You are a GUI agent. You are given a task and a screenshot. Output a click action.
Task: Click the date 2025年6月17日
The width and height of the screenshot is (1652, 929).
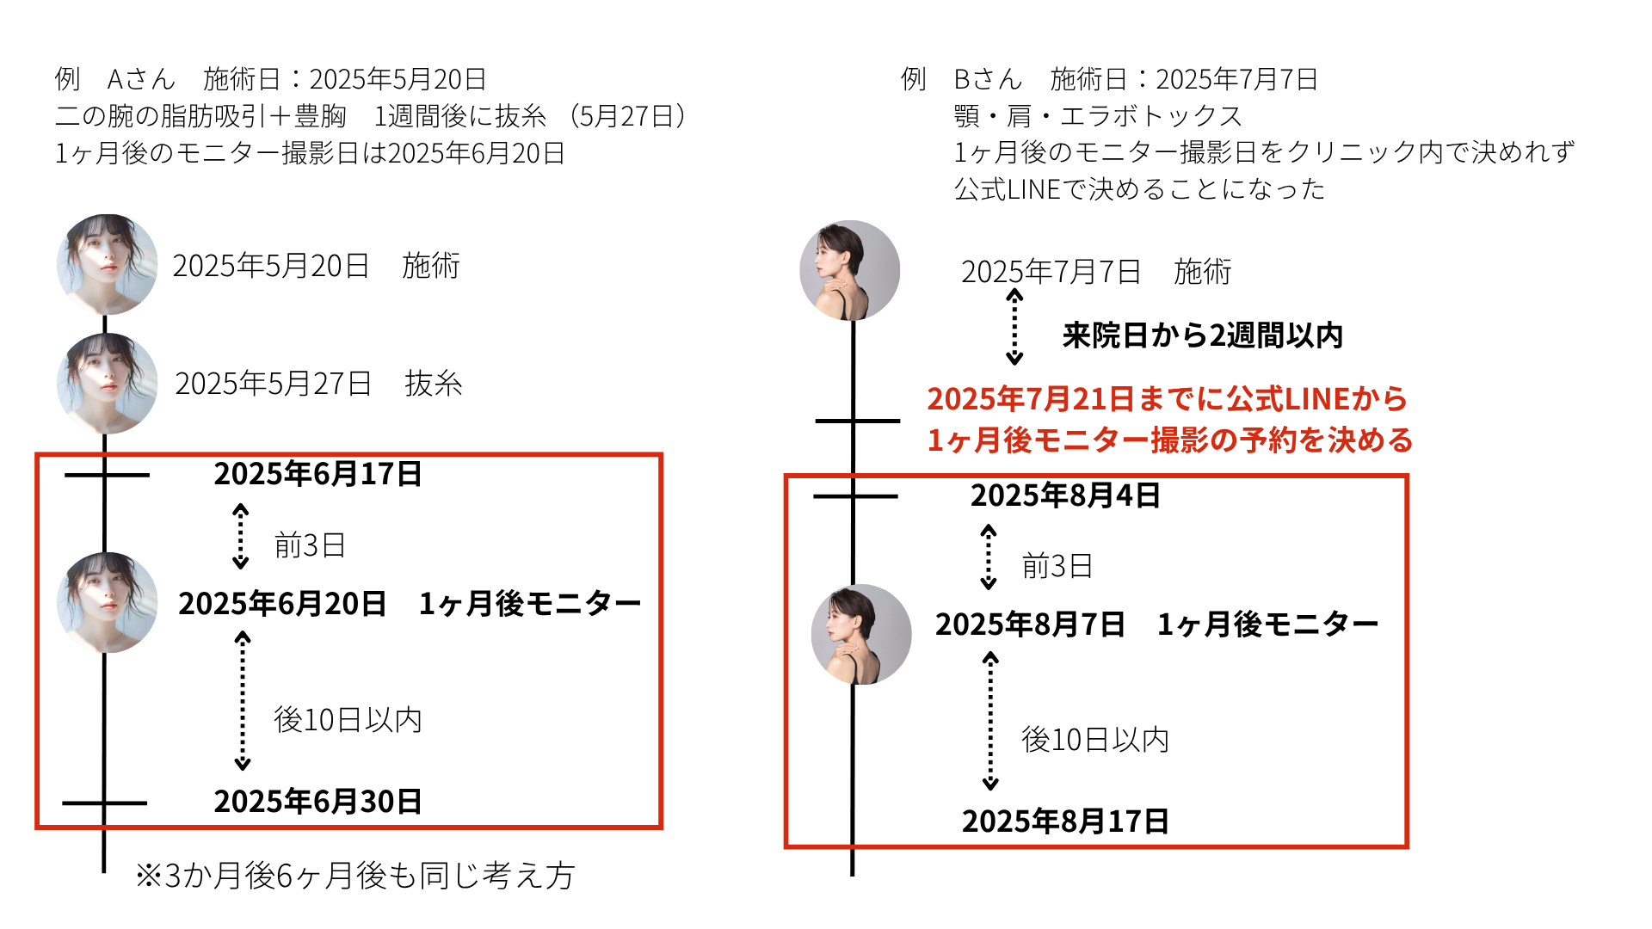coord(317,474)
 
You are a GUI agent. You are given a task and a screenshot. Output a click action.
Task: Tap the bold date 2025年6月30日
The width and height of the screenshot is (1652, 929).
coord(317,802)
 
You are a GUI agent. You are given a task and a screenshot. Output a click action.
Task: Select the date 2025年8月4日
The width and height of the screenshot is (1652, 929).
coord(1065,495)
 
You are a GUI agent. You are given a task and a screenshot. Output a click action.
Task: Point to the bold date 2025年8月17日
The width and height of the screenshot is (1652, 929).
coord(1065,821)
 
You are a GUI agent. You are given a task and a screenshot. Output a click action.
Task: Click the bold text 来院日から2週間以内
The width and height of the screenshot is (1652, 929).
coord(1202,335)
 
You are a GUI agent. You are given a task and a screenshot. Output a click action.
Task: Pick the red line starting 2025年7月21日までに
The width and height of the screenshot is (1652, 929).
coord(1167,399)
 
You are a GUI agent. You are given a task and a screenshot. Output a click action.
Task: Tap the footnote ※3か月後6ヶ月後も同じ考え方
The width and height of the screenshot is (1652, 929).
coord(354,876)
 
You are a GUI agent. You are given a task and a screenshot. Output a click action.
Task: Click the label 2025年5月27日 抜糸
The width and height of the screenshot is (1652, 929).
coord(318,384)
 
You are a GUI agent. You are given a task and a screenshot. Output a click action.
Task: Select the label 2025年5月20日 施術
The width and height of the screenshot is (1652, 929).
coord(316,266)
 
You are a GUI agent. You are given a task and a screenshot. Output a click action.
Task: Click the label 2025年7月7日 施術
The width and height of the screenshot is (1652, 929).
coord(1095,272)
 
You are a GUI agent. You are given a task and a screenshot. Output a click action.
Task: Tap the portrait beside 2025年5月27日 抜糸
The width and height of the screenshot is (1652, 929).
coord(107,384)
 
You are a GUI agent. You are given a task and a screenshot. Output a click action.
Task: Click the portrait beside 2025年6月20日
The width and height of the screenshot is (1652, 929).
coord(107,602)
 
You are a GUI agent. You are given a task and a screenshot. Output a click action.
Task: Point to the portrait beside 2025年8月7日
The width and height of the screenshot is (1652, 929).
coord(861,635)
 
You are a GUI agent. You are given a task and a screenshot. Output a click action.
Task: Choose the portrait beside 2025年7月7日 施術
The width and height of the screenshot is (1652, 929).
coord(850,270)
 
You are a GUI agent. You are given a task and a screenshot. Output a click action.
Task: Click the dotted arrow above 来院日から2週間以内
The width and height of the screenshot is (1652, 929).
coord(1015,327)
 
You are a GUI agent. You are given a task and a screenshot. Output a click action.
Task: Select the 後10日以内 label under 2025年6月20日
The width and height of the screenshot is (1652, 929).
coord(348,720)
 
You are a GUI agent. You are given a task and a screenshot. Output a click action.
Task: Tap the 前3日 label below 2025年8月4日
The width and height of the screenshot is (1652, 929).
coord(1057,566)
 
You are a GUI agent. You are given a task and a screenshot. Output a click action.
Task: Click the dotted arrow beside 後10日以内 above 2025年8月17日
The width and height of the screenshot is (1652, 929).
coord(990,721)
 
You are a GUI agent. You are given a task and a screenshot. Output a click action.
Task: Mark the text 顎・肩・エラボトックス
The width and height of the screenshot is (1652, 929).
coord(1098,116)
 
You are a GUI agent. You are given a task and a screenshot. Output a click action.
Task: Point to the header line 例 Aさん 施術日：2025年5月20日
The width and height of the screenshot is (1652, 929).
coord(270,79)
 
